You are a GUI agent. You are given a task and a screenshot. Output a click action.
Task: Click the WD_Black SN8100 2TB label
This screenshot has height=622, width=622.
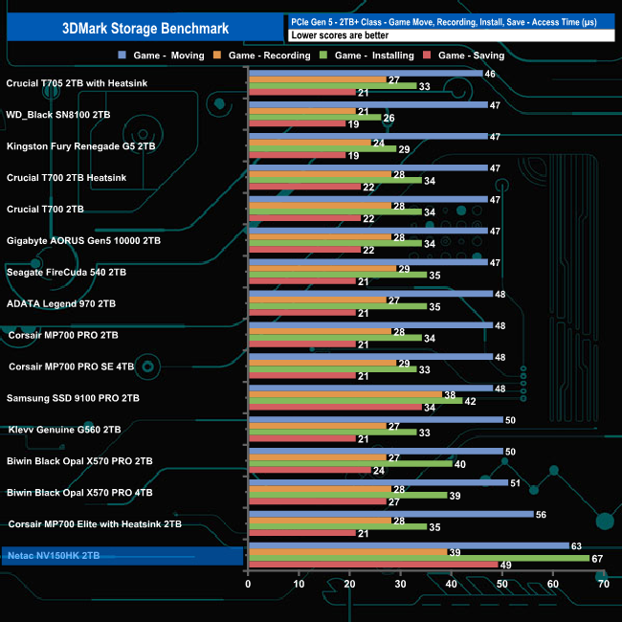58,115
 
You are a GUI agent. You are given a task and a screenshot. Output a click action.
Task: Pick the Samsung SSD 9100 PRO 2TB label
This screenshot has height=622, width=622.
73,398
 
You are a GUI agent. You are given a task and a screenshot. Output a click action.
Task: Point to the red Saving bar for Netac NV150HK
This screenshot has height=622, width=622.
372,565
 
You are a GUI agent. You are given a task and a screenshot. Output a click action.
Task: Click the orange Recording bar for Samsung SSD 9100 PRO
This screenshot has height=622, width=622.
344,394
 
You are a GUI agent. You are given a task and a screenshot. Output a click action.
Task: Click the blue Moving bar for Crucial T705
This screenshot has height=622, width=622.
365,73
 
